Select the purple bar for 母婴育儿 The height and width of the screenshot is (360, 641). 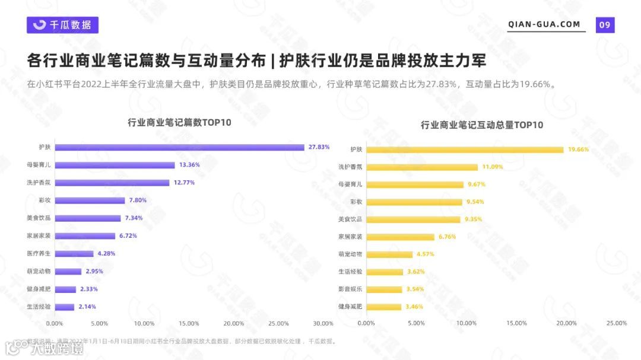pyautogui.click(x=115, y=165)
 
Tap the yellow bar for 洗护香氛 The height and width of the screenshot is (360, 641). pyautogui.click(x=422, y=167)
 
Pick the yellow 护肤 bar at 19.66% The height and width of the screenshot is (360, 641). pyautogui.click(x=465, y=150)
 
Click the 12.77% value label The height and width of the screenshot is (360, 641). pyautogui.click(x=184, y=183)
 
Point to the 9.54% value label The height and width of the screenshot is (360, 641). pyautogui.click(x=475, y=202)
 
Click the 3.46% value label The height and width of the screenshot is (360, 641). pyautogui.click(x=414, y=307)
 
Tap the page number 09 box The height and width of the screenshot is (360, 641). pyautogui.click(x=605, y=24)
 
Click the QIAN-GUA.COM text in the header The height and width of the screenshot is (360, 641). pyautogui.click(x=544, y=24)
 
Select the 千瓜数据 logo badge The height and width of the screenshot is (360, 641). pyautogui.click(x=62, y=25)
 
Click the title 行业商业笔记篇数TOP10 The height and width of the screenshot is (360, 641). pyautogui.click(x=179, y=123)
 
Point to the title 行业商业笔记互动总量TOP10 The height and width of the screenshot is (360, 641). pyautogui.click(x=482, y=125)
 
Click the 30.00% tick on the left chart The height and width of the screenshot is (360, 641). pyautogui.click(x=323, y=323)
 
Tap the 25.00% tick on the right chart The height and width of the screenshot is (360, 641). pyautogui.click(x=617, y=323)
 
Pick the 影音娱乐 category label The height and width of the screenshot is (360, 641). pyautogui.click(x=350, y=289)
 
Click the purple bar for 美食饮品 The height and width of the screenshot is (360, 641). pyautogui.click(x=87, y=218)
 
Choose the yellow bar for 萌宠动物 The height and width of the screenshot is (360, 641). pyautogui.click(x=389, y=254)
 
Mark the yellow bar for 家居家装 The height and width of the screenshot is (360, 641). pyautogui.click(x=400, y=237)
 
